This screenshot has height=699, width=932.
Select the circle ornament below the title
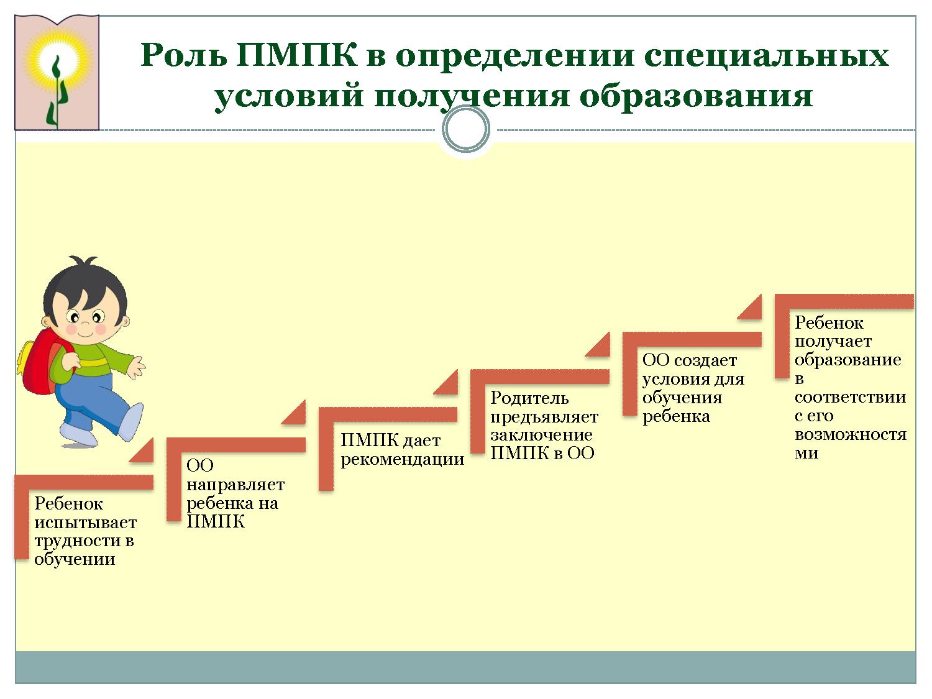(x=465, y=129)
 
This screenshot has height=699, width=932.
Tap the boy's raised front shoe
(x=130, y=420)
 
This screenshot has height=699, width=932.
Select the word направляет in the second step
(x=235, y=485)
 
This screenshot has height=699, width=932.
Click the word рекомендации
(x=403, y=460)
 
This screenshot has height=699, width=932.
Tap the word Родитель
(x=529, y=398)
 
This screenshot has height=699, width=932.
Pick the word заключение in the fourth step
(x=541, y=435)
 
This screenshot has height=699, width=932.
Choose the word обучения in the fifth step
(x=682, y=398)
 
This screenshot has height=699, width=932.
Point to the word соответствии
(x=850, y=397)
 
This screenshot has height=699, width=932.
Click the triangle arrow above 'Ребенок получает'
(x=751, y=308)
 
